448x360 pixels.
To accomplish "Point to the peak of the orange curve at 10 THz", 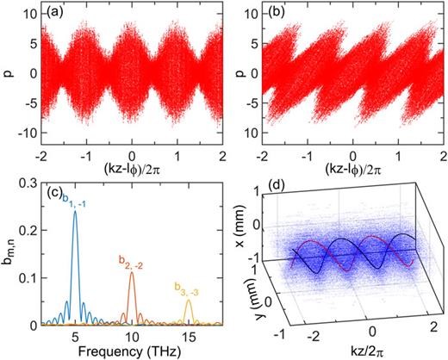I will click(x=131, y=273).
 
